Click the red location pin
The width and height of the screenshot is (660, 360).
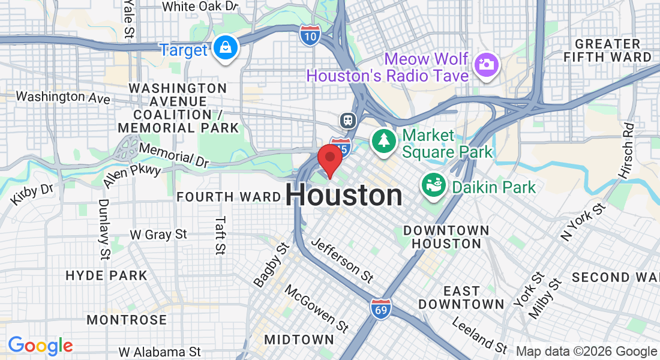point(329,158)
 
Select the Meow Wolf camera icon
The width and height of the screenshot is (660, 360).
point(486,64)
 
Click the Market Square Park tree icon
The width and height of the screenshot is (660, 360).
point(382,142)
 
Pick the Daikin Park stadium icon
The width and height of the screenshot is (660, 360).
point(433,185)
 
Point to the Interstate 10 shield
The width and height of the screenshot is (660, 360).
point(310,36)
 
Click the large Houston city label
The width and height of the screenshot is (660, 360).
point(344,196)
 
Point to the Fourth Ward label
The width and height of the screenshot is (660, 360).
point(229,197)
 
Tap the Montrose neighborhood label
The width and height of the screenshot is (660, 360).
point(127,320)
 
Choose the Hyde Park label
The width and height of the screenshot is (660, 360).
point(106,276)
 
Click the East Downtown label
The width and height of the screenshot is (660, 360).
point(461,298)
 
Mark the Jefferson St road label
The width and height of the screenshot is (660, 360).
point(343,260)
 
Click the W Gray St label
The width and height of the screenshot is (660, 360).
point(158,235)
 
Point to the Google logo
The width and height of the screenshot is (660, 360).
point(40,346)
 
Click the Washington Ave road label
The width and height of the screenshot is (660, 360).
point(63,97)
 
